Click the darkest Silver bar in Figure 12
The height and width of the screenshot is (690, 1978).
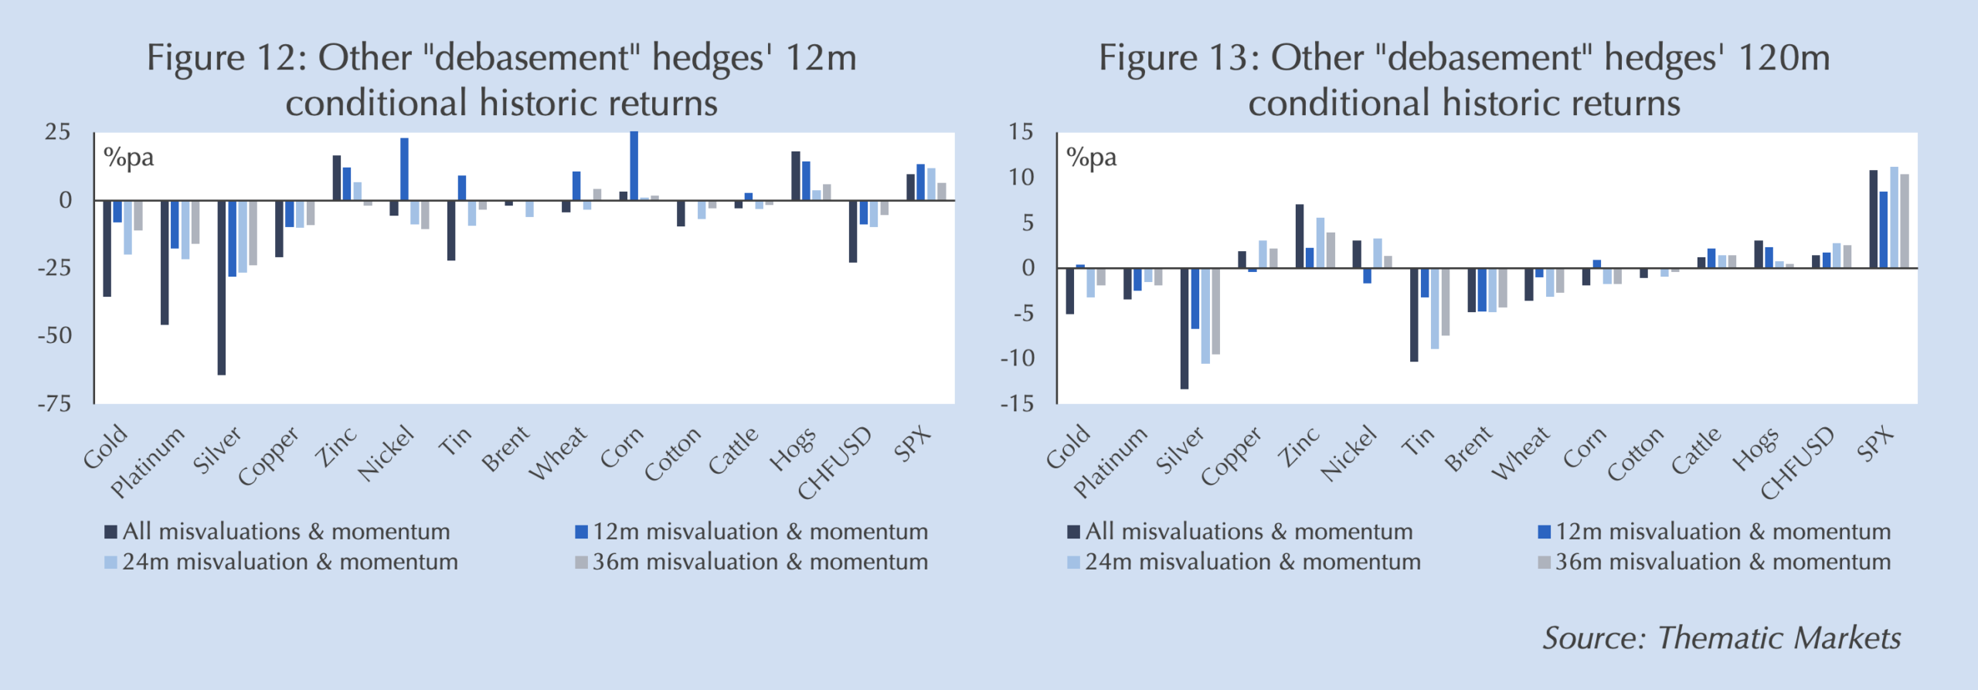click(222, 287)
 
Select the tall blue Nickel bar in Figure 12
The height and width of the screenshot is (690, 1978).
click(404, 169)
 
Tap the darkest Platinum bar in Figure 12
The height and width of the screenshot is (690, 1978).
click(165, 263)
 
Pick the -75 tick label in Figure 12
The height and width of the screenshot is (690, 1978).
click(54, 403)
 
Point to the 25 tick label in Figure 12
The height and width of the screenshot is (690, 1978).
click(58, 132)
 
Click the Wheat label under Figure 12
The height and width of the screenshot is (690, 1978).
click(558, 454)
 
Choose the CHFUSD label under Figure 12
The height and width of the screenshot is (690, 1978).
click(834, 462)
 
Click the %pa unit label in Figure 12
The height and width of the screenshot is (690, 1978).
click(129, 158)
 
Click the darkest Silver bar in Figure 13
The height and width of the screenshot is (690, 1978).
click(1184, 328)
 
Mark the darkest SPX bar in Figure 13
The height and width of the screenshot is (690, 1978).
click(1874, 219)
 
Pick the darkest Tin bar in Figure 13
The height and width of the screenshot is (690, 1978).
click(1414, 314)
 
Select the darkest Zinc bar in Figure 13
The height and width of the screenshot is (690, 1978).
click(1300, 236)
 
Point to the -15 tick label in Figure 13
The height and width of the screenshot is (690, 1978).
click(1016, 403)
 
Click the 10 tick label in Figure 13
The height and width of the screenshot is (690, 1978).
click(1020, 178)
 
